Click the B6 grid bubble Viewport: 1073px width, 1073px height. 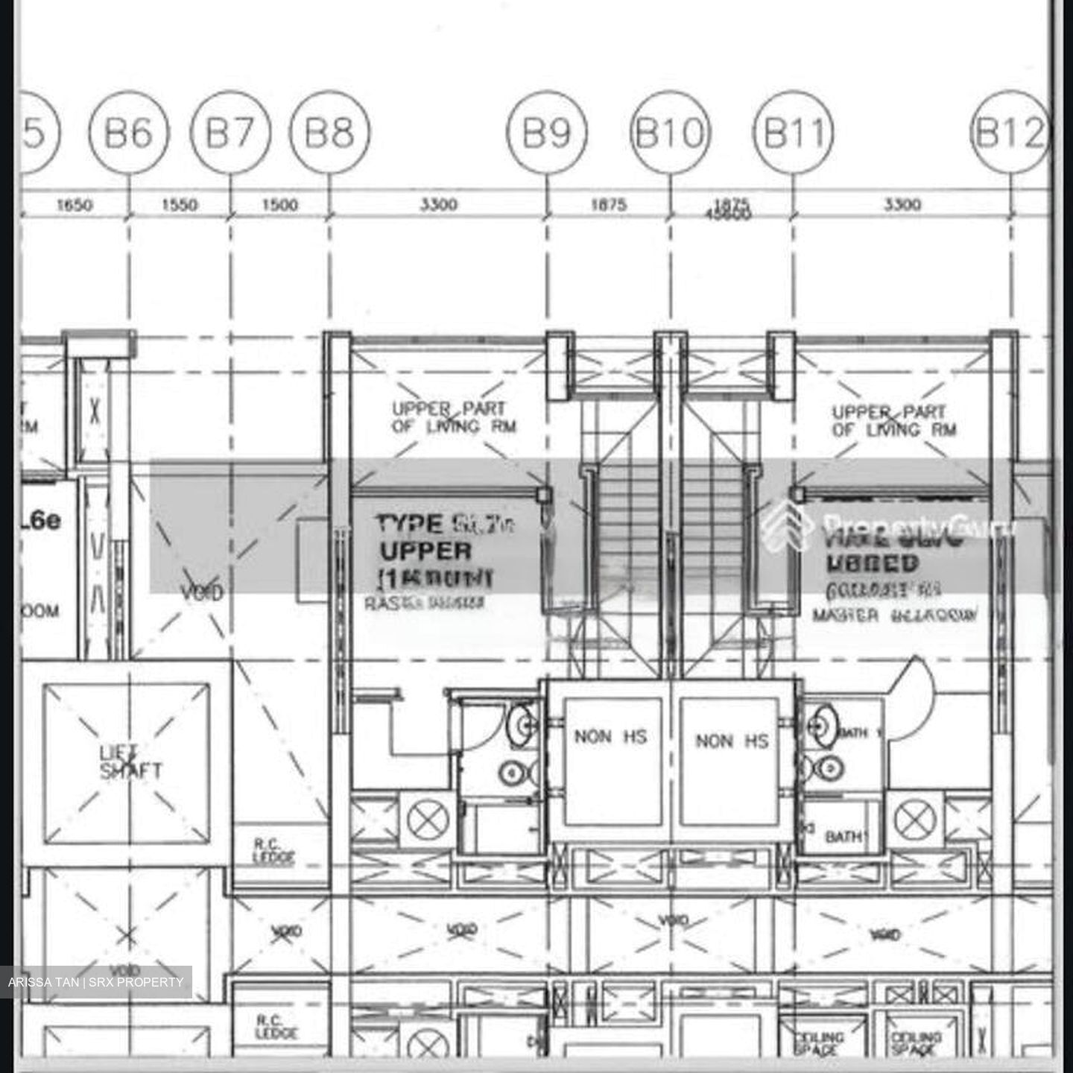(129, 133)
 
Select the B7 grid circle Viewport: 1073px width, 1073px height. (230, 133)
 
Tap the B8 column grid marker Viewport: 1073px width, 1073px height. (330, 133)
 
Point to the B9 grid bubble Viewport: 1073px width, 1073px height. (547, 133)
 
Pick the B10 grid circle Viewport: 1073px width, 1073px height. (670, 133)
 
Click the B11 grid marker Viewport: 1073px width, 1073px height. (794, 133)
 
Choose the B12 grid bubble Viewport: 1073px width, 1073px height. (1010, 133)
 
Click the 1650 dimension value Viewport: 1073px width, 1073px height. (75, 204)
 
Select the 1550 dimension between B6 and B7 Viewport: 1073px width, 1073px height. (180, 204)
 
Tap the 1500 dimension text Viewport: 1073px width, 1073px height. (280, 204)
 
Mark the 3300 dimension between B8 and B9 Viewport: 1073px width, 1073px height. (438, 204)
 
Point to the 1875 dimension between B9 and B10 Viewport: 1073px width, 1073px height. (609, 204)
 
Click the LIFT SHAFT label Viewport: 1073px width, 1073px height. (130, 762)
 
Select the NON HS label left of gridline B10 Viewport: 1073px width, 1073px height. (610, 737)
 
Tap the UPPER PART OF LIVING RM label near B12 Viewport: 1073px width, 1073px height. (892, 420)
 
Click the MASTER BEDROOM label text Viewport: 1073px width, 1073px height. (894, 615)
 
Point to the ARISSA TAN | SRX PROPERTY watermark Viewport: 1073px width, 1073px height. (96, 982)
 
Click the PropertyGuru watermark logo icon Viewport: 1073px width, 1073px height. (787, 525)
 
